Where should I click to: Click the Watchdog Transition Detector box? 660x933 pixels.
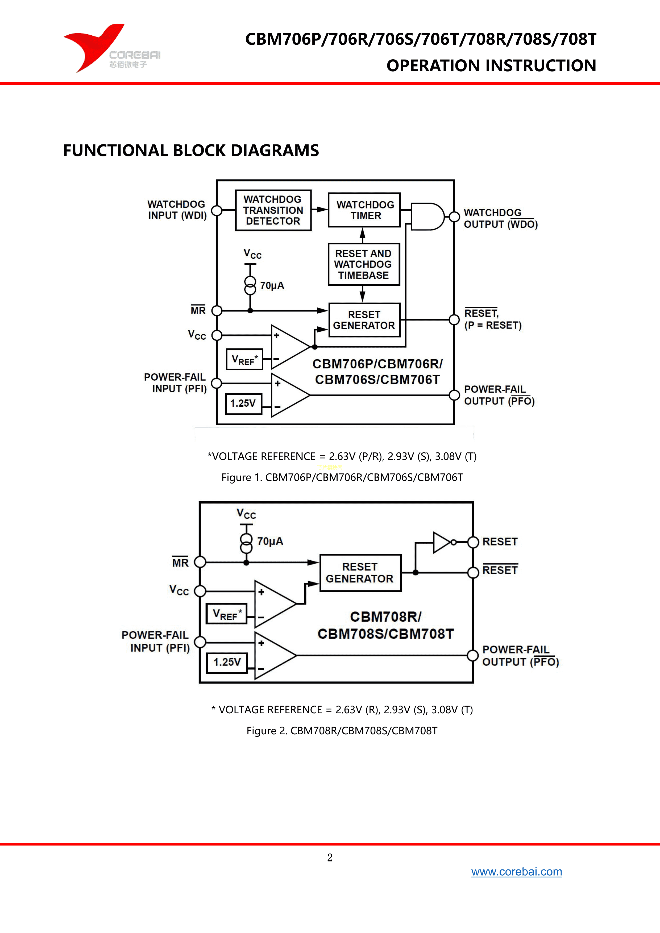point(273,210)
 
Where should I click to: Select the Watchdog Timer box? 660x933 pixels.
point(364,210)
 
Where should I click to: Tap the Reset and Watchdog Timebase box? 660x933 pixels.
point(364,264)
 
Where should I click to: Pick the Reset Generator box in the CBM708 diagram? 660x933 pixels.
point(360,573)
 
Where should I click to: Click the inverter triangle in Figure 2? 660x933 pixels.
point(441,542)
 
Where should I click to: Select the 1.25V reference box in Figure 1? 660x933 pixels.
point(243,403)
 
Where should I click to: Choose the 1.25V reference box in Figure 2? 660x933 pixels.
point(227,662)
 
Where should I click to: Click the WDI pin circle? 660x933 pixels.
point(217,210)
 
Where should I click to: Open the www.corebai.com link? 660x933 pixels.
point(516,872)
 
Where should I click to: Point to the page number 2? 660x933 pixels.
point(330,857)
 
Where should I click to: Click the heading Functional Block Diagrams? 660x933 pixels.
point(191,150)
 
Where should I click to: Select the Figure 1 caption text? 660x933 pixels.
point(342,477)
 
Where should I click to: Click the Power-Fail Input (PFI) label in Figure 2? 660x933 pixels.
point(156,641)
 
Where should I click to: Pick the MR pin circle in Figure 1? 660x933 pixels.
point(217,311)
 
